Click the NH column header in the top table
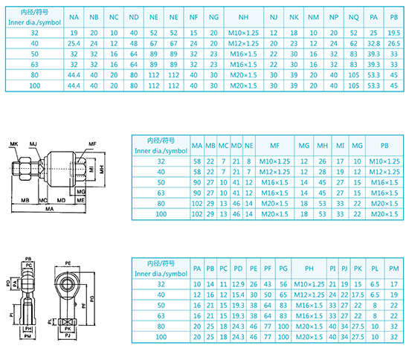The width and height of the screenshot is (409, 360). coord(243,17)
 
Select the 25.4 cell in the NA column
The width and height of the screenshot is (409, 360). coord(74,44)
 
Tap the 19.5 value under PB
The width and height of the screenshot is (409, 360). coord(394,33)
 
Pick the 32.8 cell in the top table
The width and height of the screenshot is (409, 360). coord(373,44)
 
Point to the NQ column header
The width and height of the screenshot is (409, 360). coord(353,17)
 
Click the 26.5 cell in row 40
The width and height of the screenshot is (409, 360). coord(394,44)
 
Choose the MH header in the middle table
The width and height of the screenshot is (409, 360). coord(322,146)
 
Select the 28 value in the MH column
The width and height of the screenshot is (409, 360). coord(322,172)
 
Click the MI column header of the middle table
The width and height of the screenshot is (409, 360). coord(340,146)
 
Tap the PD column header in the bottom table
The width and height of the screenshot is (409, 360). coord(238,269)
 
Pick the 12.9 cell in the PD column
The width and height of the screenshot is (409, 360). coord(238,284)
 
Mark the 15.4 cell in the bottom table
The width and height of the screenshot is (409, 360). coord(238,295)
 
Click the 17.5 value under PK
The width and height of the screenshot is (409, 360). coord(358,295)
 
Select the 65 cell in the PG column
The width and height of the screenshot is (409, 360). coord(283,295)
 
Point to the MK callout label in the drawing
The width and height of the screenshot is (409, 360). coord(14,144)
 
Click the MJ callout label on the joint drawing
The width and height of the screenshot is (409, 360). coord(33,144)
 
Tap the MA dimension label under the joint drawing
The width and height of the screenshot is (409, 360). coord(49,209)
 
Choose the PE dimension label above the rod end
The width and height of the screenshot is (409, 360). coord(68,263)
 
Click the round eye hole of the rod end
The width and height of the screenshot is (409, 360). coord(67,283)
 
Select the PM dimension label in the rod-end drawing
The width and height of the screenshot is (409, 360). coord(28,336)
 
